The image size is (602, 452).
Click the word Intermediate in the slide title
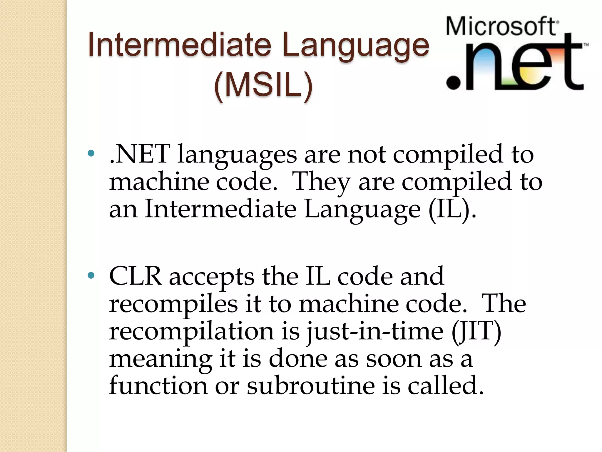(x=179, y=45)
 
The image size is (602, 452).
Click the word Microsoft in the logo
(x=501, y=26)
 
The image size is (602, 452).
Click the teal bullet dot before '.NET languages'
(x=91, y=153)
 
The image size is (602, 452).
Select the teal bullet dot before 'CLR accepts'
(x=91, y=275)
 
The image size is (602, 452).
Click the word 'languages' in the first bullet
(x=237, y=155)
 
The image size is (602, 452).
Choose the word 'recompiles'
(x=173, y=305)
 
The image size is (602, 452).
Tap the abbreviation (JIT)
(x=476, y=331)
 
